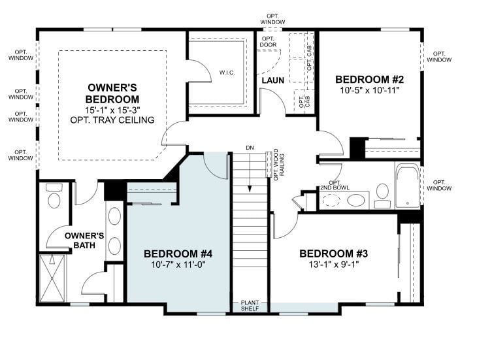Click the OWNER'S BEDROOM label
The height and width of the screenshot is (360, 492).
pos(112,93)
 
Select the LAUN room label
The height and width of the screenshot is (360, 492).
pos(273,80)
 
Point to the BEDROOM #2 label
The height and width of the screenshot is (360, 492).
pos(369,80)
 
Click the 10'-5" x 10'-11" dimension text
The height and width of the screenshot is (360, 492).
pos(369,91)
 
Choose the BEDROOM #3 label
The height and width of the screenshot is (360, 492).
pos(329,254)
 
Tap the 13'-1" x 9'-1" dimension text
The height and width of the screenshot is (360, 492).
pos(329,265)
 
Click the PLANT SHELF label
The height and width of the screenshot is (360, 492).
pos(250,306)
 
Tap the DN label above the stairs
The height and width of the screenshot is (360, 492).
pos(250,148)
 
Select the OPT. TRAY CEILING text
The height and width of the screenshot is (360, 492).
pos(112,120)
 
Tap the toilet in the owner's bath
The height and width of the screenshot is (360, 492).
pos(54,196)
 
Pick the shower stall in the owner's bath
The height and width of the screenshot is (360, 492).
pos(54,278)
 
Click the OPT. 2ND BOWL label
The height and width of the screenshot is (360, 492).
pos(335,186)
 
